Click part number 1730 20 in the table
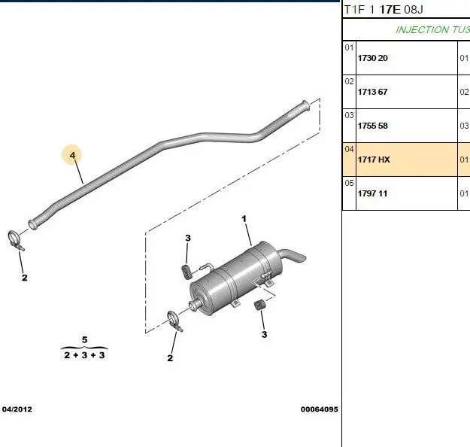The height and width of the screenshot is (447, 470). [372, 58]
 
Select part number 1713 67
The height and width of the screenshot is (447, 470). [372, 92]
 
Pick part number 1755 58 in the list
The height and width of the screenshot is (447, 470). [372, 126]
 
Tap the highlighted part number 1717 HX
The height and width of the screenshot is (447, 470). [374, 160]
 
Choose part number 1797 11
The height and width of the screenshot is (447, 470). [372, 193]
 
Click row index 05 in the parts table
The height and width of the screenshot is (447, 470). [349, 183]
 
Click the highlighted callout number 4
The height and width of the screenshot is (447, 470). [72, 155]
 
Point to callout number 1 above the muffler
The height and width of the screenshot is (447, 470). [244, 219]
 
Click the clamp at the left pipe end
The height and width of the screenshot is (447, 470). [15, 240]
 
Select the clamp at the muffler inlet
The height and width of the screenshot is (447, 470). [174, 321]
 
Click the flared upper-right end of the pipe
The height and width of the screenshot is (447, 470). [305, 105]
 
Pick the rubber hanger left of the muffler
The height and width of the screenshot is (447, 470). [187, 272]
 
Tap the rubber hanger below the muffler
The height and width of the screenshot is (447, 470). [259, 306]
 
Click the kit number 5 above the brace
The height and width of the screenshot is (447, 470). [84, 340]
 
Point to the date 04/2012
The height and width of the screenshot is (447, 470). [17, 409]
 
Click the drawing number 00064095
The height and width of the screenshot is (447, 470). [320, 409]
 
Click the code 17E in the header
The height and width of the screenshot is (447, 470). [390, 10]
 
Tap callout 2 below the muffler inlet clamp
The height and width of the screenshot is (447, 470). [170, 358]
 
